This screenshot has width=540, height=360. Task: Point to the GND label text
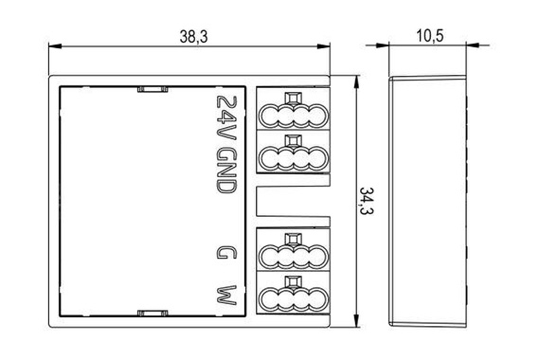[x=225, y=171]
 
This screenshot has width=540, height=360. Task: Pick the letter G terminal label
[x=225, y=253]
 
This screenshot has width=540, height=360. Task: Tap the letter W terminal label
[x=225, y=294]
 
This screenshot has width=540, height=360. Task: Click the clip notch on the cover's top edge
[x=149, y=89]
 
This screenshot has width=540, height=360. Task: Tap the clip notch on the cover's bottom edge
[x=149, y=312]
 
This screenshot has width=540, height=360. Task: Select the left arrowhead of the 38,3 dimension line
[x=51, y=45]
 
